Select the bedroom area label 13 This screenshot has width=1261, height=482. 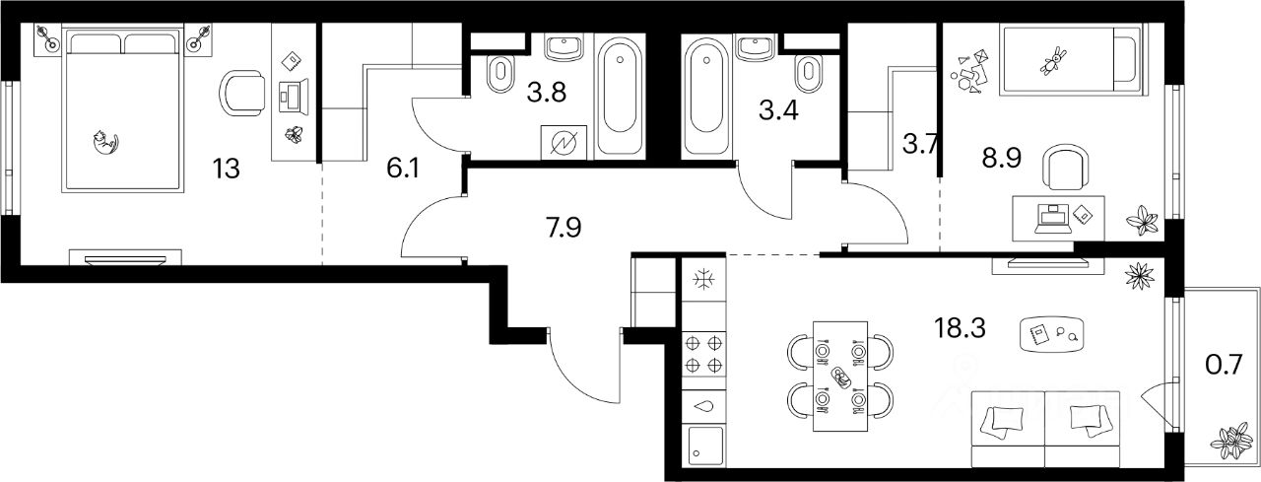pos(226,168)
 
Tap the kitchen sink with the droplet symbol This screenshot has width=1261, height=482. pos(703,403)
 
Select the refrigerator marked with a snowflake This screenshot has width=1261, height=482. pos(703,281)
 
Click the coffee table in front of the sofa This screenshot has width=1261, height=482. pos(1051,334)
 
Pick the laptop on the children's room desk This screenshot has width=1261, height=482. pos(1052,218)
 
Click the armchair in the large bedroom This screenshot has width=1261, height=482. pos(242,94)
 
